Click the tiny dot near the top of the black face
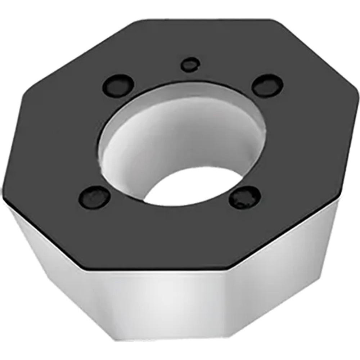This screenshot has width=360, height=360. coord(190,65)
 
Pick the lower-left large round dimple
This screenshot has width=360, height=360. coord(94,198)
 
